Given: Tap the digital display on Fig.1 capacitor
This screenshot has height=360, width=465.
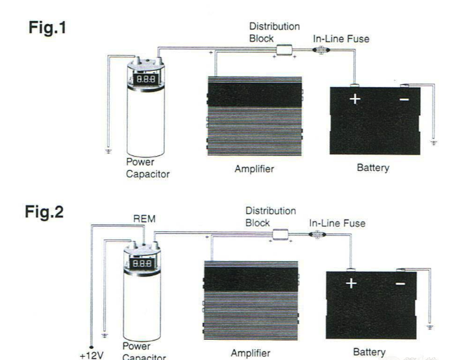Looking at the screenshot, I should point(145,77).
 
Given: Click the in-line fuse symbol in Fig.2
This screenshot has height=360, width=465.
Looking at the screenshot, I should point(318,235).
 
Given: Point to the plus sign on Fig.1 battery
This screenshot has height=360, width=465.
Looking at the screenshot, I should point(355,100).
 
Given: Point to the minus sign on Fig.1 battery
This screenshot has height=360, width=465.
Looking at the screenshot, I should point(403,100).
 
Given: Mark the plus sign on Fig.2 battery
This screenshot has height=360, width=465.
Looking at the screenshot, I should point(351,284).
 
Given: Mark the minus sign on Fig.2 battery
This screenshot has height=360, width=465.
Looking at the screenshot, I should point(401,284).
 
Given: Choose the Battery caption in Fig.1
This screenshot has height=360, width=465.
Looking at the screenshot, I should point(373,168).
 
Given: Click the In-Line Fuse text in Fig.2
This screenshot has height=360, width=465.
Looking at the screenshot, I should point(338,223).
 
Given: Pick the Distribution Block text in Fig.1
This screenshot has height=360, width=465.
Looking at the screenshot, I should point(275,32).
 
